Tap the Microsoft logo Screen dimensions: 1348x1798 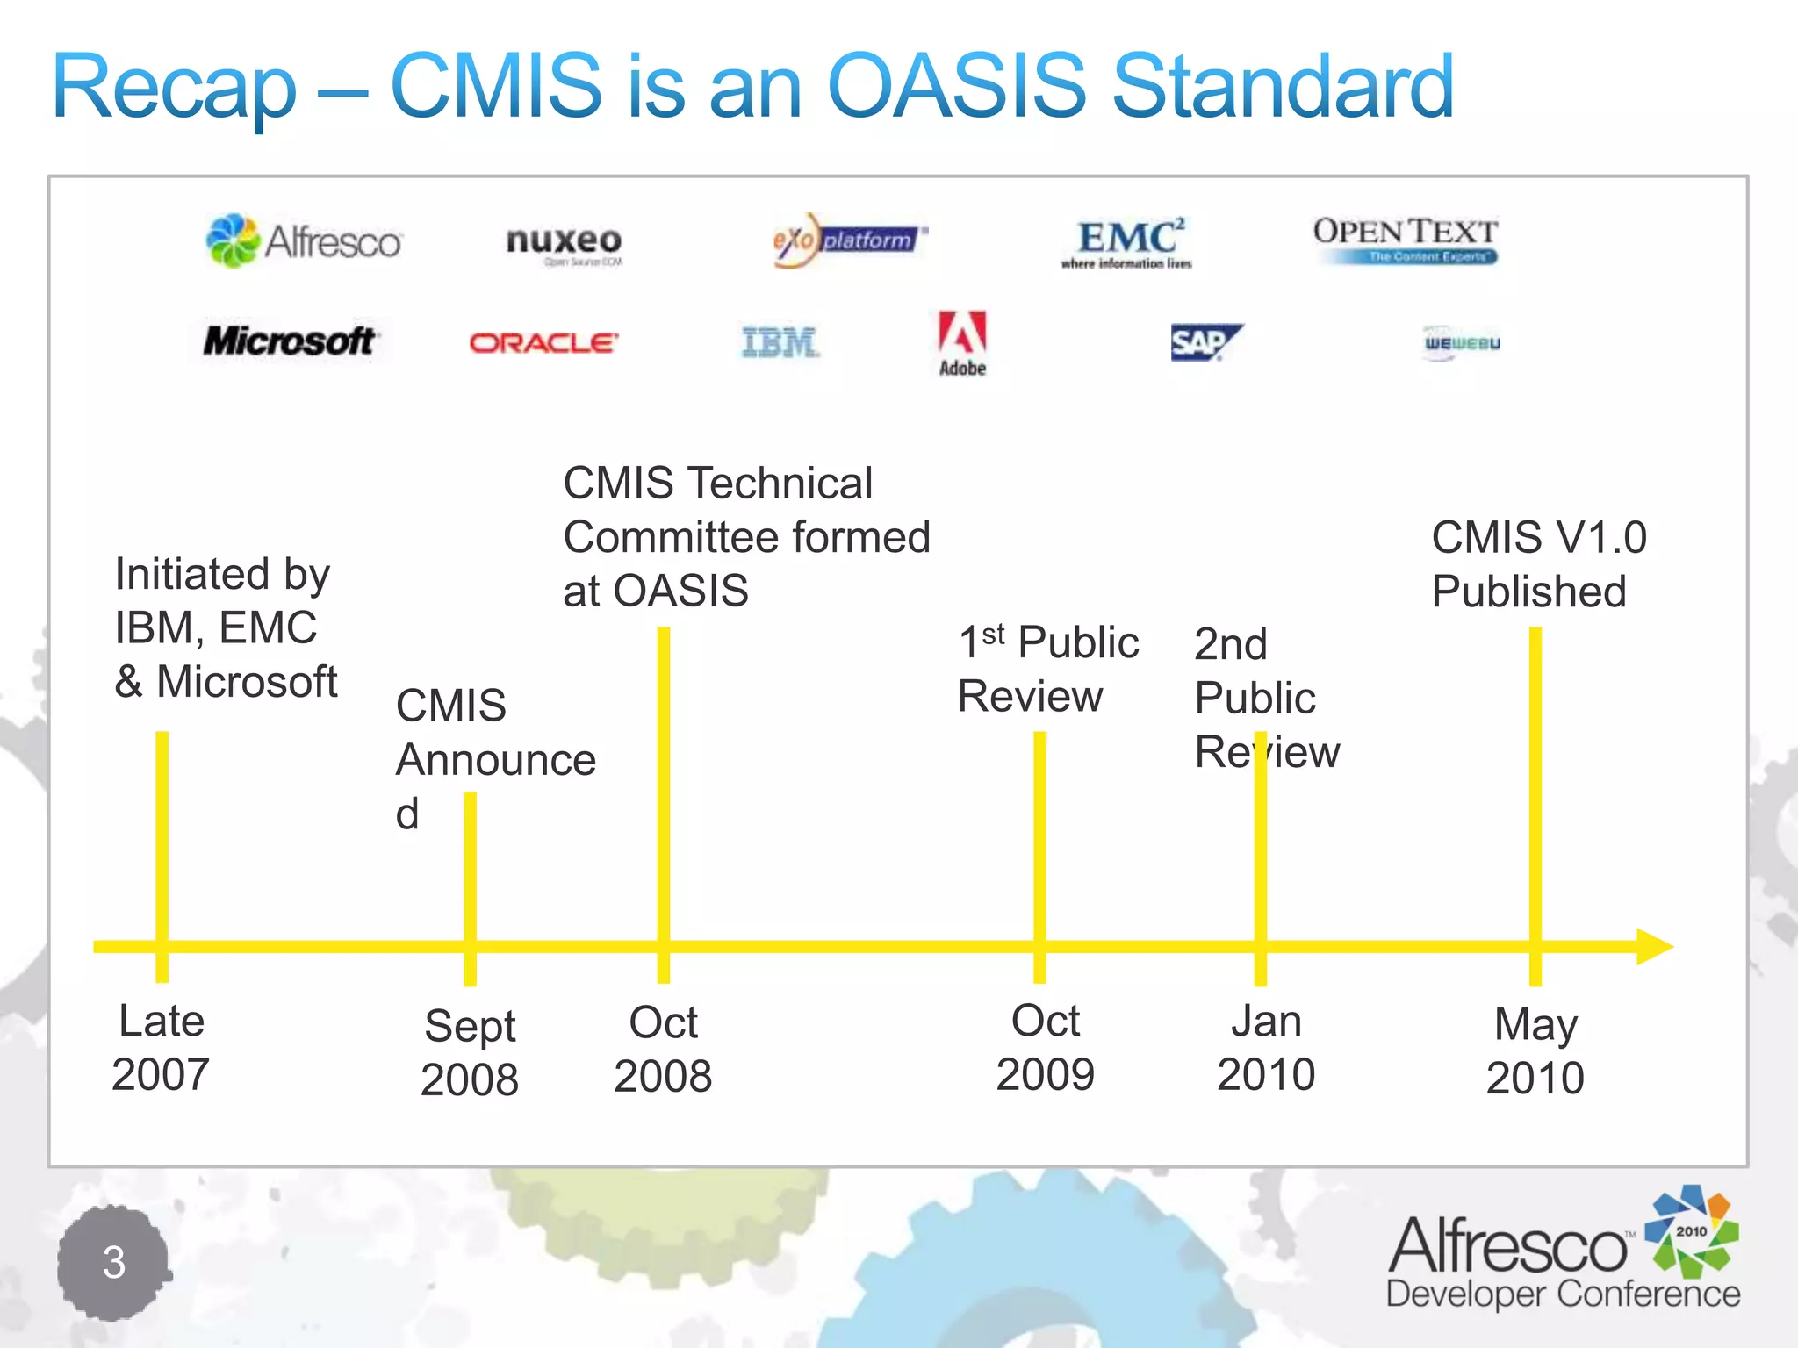point(289,341)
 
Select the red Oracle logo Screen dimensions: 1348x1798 point(543,342)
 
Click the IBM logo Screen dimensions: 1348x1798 point(780,342)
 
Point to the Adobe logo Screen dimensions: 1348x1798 point(962,344)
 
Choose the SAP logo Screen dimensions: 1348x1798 point(1205,342)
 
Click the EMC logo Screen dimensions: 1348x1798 point(1127,242)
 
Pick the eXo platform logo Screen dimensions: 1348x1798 point(847,240)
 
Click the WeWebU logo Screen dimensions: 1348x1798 point(1462,343)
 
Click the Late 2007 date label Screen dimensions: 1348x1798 point(161,1048)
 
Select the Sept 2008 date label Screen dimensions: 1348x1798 point(470,1052)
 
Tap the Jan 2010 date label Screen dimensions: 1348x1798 point(1266,1048)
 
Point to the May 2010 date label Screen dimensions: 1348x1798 point(1535,1050)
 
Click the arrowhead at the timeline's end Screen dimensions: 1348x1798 point(1654,947)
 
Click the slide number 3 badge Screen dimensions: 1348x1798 point(113,1263)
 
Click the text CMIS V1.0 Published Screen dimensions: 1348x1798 point(1538,563)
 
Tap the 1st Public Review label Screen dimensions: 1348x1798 point(1047,670)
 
